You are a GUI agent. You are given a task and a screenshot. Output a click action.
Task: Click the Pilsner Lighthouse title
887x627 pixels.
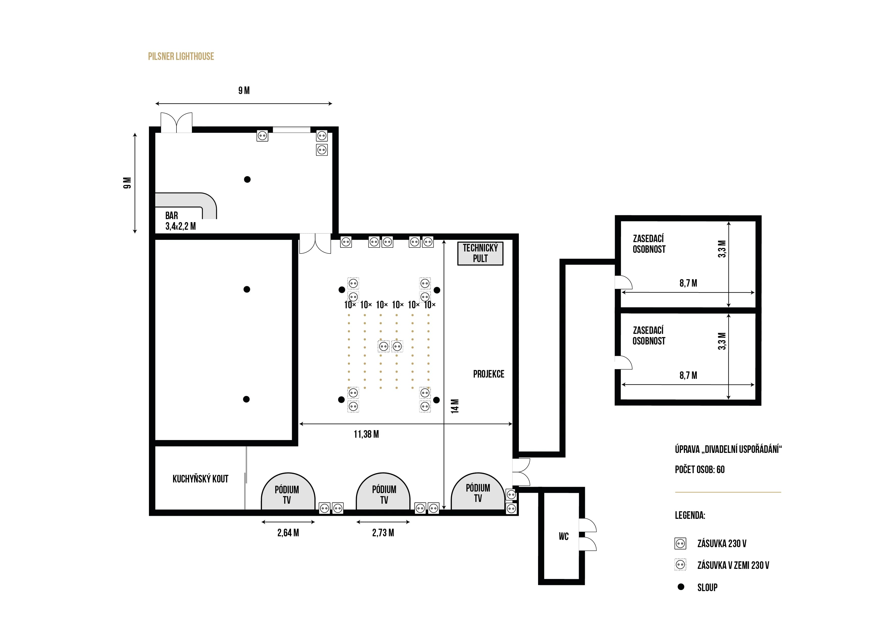click(x=181, y=56)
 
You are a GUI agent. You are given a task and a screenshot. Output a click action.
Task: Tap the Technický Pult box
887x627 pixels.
click(x=480, y=253)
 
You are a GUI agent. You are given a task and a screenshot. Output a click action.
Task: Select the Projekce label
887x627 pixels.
click(x=489, y=374)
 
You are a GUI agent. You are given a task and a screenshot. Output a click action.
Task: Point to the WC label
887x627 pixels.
click(x=564, y=536)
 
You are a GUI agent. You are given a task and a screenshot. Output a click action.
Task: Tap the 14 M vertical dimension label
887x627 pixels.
click(x=455, y=406)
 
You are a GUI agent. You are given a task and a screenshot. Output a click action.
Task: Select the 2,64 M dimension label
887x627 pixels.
click(x=288, y=533)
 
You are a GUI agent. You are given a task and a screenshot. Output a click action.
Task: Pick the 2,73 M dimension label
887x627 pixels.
click(x=383, y=533)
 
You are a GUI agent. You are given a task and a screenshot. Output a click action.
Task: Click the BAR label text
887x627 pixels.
click(x=171, y=215)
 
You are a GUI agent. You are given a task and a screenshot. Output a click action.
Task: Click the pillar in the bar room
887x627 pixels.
click(x=247, y=179)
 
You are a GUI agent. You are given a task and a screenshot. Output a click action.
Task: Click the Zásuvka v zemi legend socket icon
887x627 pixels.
click(x=680, y=565)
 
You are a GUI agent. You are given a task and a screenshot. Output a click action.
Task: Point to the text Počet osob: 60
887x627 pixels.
click(x=700, y=470)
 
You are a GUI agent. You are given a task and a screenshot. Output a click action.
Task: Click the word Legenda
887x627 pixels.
click(x=690, y=515)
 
